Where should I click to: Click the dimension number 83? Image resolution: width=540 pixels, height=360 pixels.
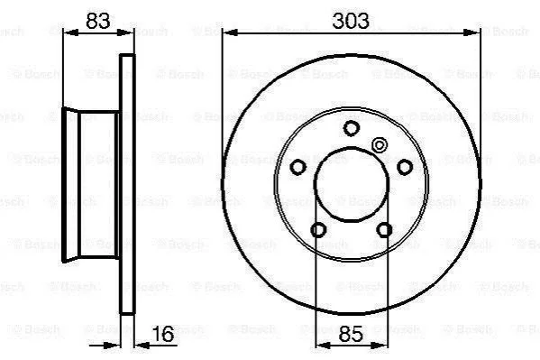point(97,21)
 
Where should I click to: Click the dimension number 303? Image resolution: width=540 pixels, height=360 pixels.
point(351,21)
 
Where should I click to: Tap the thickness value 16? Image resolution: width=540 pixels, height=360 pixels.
point(163,334)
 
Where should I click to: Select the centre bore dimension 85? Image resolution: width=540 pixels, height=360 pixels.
point(351,334)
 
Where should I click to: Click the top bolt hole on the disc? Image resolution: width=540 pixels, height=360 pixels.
point(352,128)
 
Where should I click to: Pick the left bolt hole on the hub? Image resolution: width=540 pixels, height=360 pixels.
point(297,167)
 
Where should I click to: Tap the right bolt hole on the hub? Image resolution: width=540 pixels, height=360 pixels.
point(405,167)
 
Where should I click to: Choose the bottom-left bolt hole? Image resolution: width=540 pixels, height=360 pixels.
point(318,230)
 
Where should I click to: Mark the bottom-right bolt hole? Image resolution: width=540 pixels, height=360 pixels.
point(384,230)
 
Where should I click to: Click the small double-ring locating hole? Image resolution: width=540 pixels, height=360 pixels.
point(380,145)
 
